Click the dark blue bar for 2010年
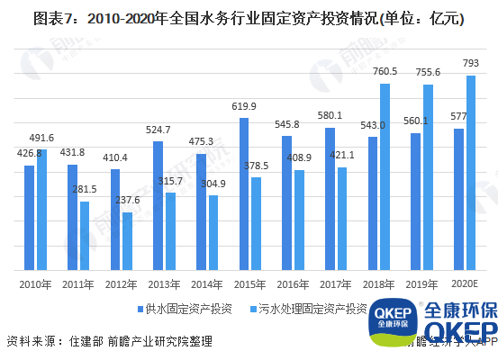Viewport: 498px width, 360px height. click(x=29, y=218)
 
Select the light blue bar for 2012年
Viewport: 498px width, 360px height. click(x=128, y=241)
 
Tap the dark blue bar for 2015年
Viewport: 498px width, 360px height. click(x=244, y=193)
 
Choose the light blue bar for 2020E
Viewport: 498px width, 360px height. click(x=470, y=172)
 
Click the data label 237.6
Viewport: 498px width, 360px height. click(x=130, y=201)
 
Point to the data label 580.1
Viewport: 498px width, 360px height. click(x=329, y=116)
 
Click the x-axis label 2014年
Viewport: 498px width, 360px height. click(x=206, y=283)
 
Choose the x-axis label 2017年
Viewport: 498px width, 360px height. click(x=335, y=283)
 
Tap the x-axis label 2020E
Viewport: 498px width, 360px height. click(x=465, y=283)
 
